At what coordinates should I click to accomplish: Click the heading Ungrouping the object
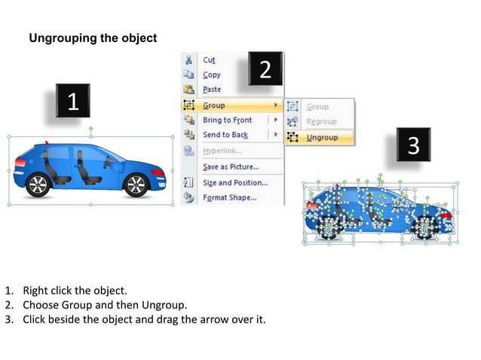[93, 38]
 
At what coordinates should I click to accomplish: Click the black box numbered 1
[72, 102]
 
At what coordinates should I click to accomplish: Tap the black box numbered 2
[265, 69]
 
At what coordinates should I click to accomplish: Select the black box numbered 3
[413, 145]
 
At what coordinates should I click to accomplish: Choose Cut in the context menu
[209, 60]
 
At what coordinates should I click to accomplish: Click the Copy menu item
[212, 75]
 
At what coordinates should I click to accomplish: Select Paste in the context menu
[212, 90]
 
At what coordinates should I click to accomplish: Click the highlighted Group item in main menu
[214, 105]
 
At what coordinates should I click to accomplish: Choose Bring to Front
[227, 121]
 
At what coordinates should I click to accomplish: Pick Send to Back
[225, 135]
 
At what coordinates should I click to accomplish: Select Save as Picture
[230, 166]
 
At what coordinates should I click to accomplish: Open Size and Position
[234, 183]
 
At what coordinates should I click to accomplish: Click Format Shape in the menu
[229, 198]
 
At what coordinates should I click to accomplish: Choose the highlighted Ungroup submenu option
[322, 138]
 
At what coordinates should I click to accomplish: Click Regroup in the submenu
[321, 122]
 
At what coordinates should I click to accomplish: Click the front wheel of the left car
[136, 185]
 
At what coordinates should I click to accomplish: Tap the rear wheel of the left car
[38, 185]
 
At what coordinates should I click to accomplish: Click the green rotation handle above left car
[90, 129]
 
